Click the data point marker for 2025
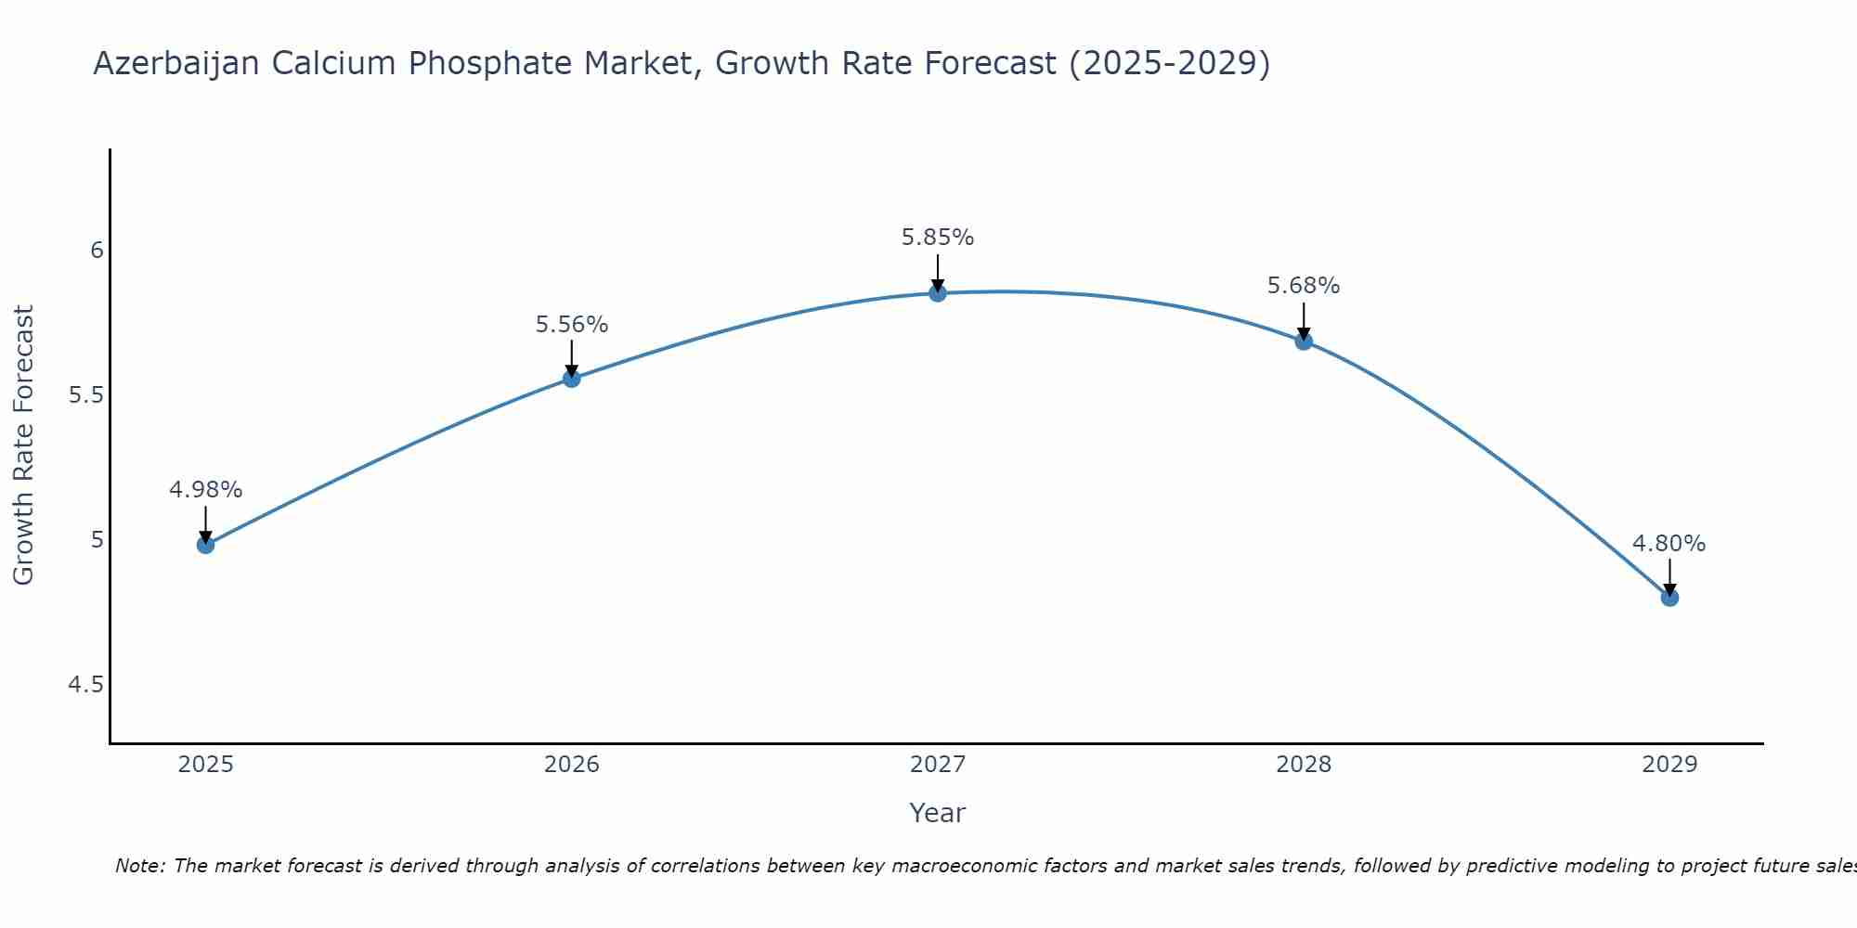(x=205, y=545)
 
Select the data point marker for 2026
(x=571, y=378)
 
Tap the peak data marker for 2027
(x=938, y=293)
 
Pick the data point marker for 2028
(x=1304, y=342)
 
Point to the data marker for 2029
(x=1669, y=598)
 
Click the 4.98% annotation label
(x=205, y=490)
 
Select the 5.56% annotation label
(x=571, y=325)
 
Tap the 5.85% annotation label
(x=938, y=238)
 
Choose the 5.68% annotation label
(x=1304, y=286)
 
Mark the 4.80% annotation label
(x=1669, y=544)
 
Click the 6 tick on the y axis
(x=97, y=251)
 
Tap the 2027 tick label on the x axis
(x=938, y=765)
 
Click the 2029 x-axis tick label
(x=1669, y=765)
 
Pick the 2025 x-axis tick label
(x=205, y=765)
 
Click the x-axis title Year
(x=938, y=813)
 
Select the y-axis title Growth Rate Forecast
(x=23, y=445)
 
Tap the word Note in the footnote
(x=139, y=866)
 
